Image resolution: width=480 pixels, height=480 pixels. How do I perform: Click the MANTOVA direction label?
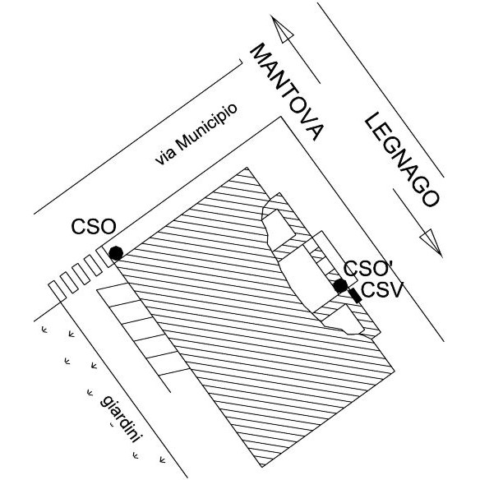coord(287,92)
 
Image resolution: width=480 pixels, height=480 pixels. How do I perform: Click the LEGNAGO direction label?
coord(402,159)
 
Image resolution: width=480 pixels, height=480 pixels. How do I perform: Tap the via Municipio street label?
coord(196,134)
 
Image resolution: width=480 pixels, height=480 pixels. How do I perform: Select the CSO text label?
coord(94,227)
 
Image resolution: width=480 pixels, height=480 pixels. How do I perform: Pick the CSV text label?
coord(381,289)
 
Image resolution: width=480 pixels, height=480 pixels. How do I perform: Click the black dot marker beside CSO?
coord(116,253)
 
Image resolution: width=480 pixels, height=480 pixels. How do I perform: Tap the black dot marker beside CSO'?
coord(340,286)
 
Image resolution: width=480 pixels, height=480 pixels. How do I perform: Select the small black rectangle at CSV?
coord(355,295)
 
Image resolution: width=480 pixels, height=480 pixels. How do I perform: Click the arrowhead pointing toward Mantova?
coord(282,28)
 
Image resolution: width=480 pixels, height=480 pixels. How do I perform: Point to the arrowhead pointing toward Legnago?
coord(432,242)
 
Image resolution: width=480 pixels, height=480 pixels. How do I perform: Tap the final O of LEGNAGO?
coord(430,197)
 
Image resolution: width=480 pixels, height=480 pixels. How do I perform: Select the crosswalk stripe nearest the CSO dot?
coord(104,257)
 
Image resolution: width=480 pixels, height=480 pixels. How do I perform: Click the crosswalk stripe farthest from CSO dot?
coord(58,291)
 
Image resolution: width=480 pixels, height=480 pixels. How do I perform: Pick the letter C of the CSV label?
coord(368,289)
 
